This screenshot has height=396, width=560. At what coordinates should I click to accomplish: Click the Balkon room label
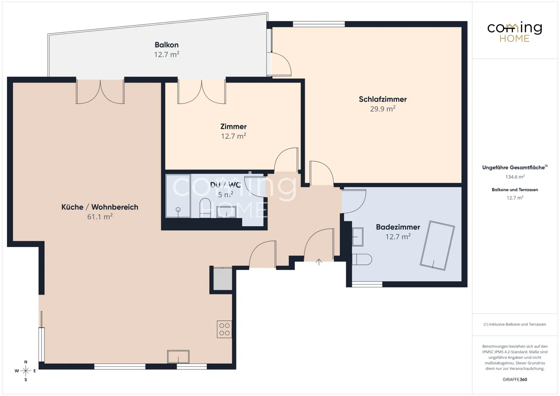coord(166,45)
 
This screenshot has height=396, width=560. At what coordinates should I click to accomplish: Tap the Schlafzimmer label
coord(383,99)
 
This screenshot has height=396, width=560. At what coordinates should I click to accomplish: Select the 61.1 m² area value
coord(100,217)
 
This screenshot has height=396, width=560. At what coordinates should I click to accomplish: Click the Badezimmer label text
coord(398,227)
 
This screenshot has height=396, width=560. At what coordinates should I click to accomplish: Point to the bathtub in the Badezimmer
coord(437,245)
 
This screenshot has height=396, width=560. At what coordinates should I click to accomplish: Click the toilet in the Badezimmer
coord(362,259)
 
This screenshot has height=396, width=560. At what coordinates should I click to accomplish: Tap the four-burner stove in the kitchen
coord(224,329)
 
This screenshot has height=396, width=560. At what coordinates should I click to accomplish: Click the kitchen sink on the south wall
coord(178,356)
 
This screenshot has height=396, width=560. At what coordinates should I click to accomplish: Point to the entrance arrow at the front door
coord(319,262)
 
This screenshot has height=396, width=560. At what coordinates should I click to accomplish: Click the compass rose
coord(26,371)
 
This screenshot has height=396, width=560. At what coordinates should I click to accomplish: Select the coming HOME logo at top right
coord(514,32)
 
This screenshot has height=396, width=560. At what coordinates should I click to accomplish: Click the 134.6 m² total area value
coord(515,177)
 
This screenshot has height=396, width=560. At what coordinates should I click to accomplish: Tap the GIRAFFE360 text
coord(515,379)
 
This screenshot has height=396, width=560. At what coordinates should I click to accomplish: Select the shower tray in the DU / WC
coord(178,196)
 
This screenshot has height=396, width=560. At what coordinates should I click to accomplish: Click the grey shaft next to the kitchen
coord(222,279)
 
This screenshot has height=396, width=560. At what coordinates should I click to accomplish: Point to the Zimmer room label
coord(233,127)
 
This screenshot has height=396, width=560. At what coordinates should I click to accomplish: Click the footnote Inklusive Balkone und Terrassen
coord(515,324)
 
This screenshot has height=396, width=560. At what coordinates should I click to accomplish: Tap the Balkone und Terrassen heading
coord(515,190)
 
